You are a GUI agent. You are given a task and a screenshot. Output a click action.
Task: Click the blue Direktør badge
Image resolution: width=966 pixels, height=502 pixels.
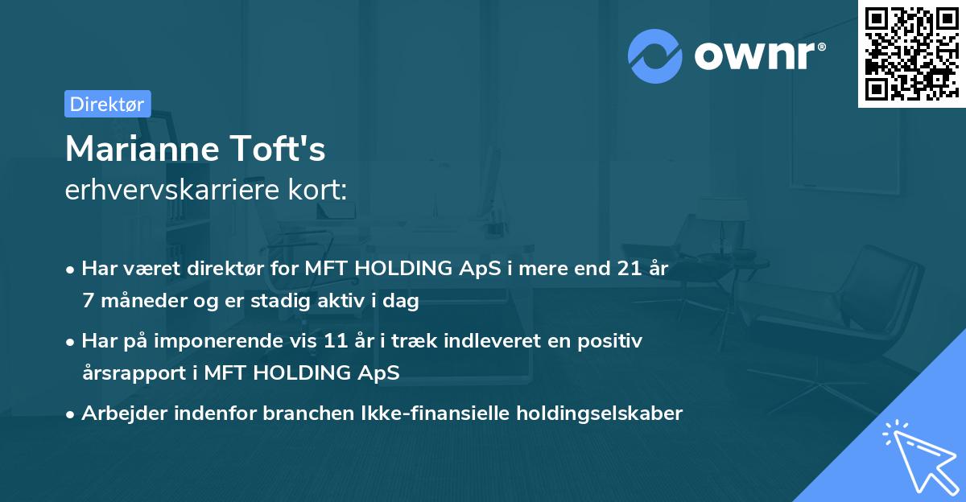point(107,104)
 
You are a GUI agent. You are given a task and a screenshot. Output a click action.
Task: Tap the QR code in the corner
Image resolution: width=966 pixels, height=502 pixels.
point(911,53)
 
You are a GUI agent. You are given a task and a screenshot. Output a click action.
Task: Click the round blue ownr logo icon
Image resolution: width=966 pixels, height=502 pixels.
point(654,56)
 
